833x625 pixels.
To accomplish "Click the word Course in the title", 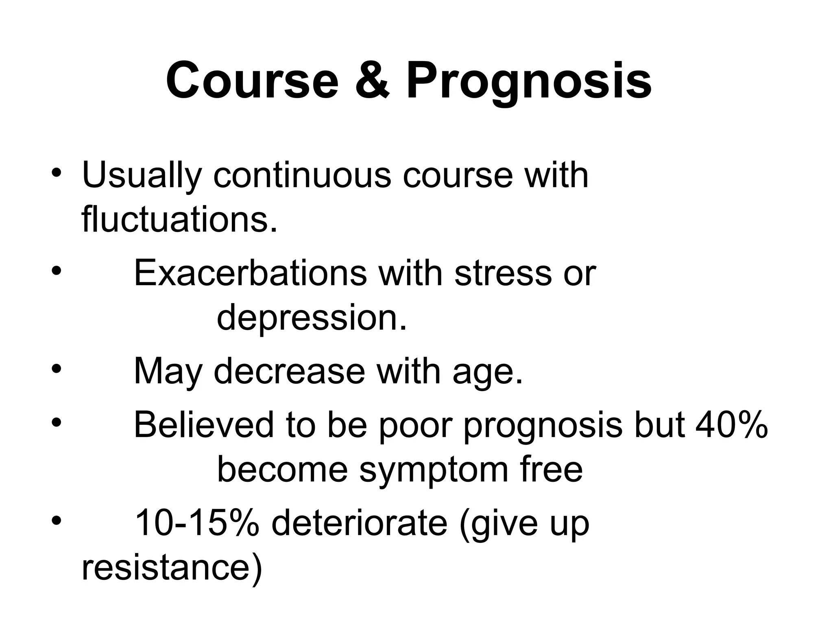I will (252, 81).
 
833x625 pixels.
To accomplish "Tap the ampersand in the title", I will (373, 81).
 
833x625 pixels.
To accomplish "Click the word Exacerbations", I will (251, 273).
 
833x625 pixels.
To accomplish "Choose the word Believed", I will (204, 425).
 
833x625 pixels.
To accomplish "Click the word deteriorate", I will (360, 524).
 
